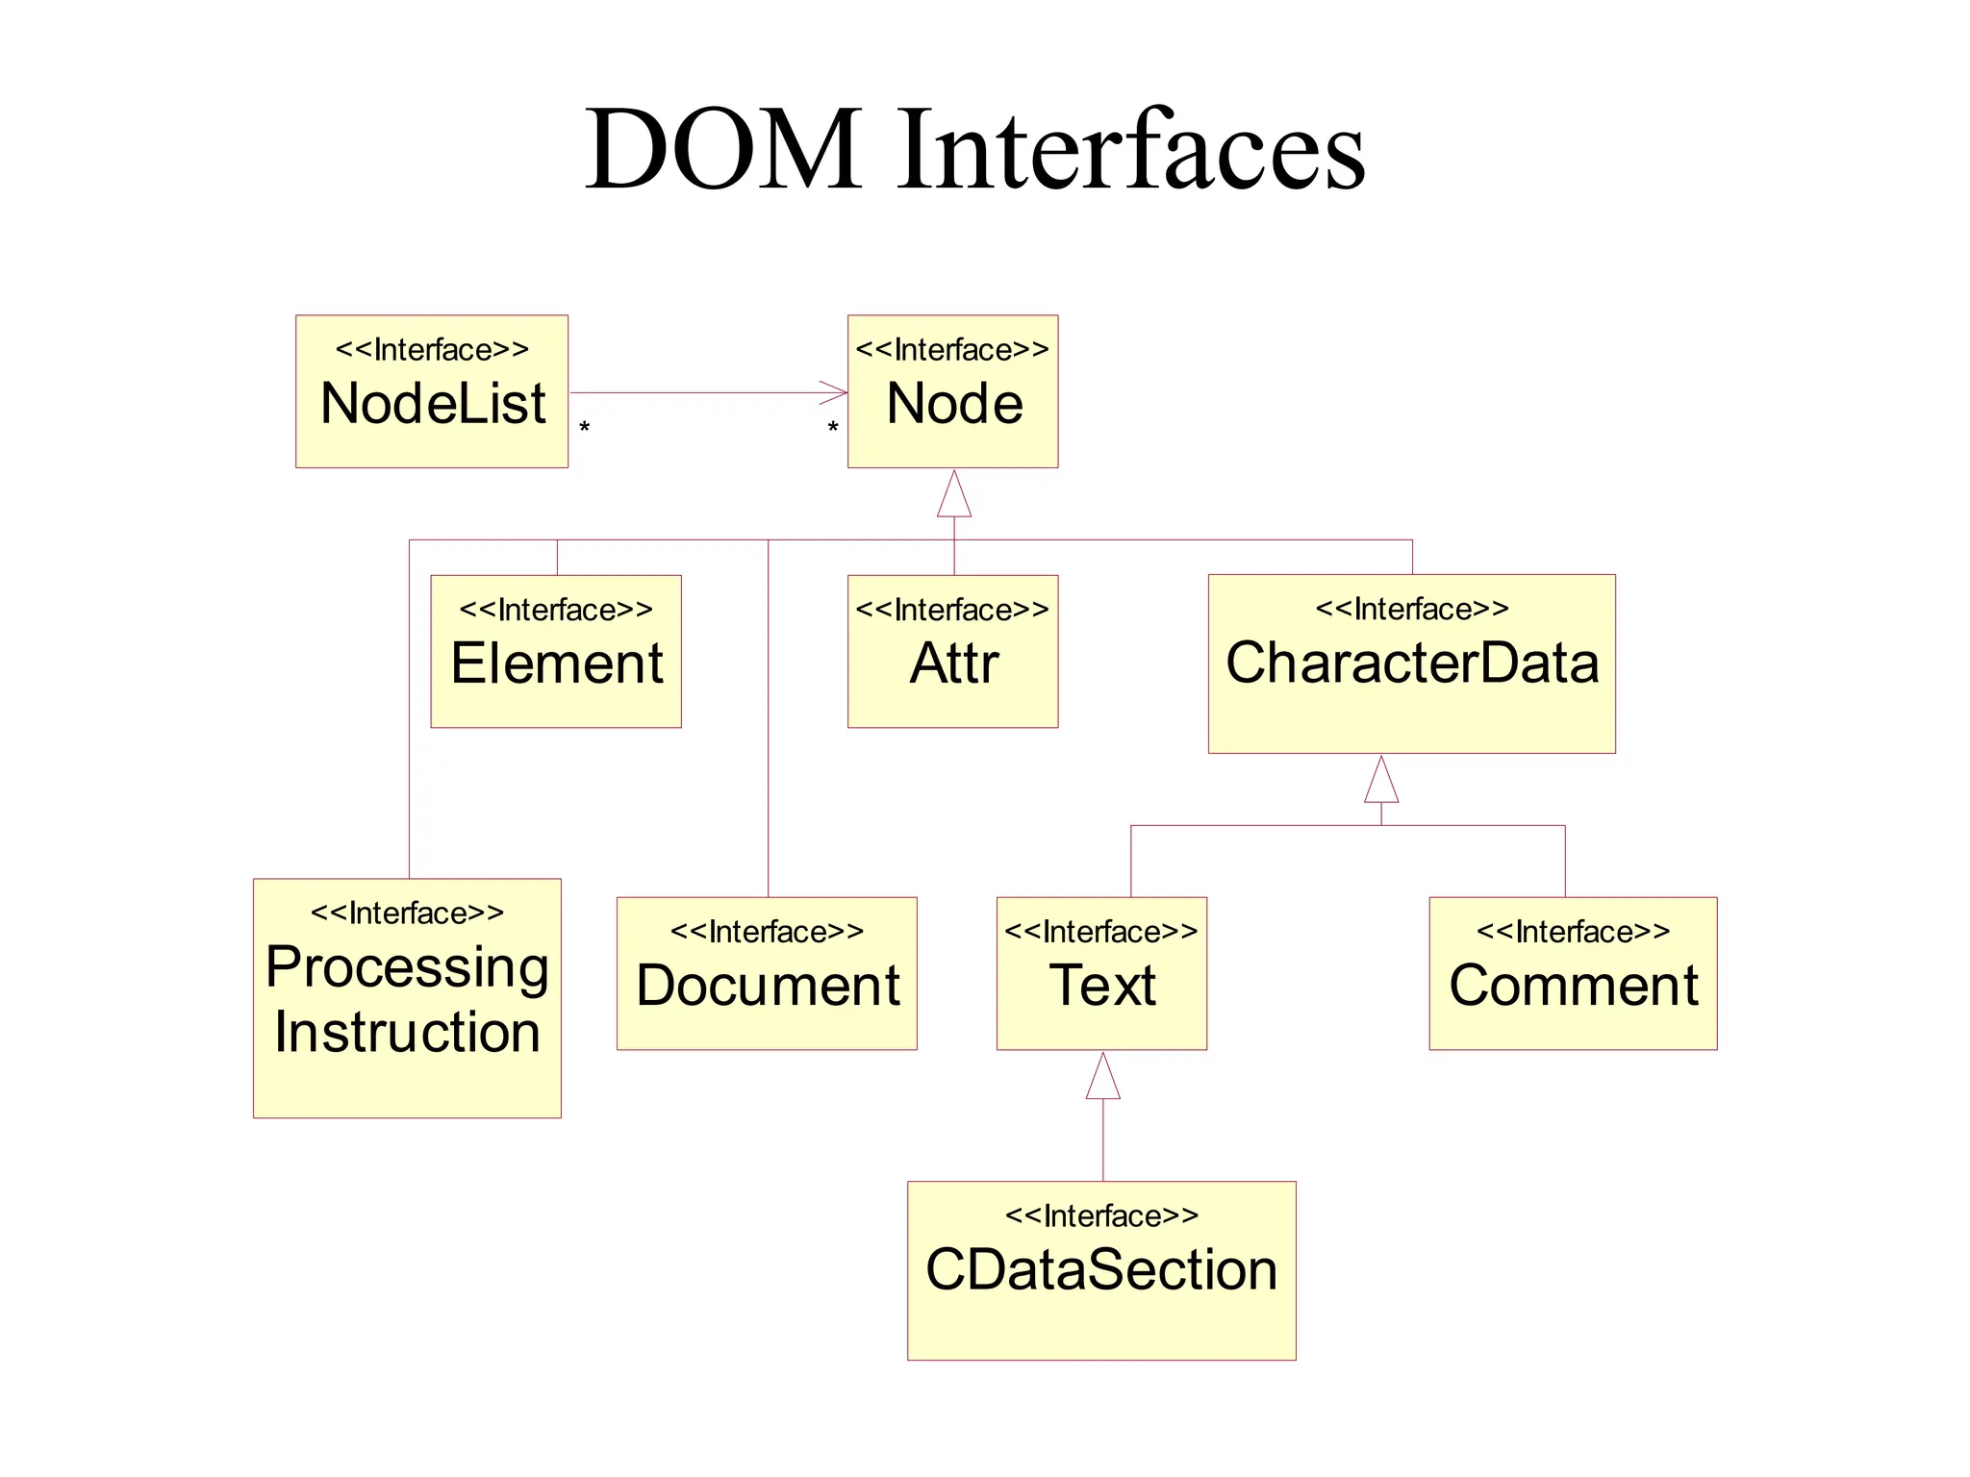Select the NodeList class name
coord(433,403)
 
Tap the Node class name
coord(954,403)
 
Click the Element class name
coord(557,663)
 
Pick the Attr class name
coord(954,663)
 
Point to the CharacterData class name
coord(1412,663)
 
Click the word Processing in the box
coord(407,966)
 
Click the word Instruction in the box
coord(407,1032)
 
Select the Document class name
coord(768,986)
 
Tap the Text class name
coord(1102,986)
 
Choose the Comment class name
coord(1574,986)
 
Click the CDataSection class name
coord(1101,1269)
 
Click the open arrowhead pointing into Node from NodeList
coord(836,392)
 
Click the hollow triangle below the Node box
coord(954,496)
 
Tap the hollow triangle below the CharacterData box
coord(1381,781)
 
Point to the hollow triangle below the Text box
coord(1103,1077)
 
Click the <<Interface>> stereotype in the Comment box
coord(1574,932)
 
